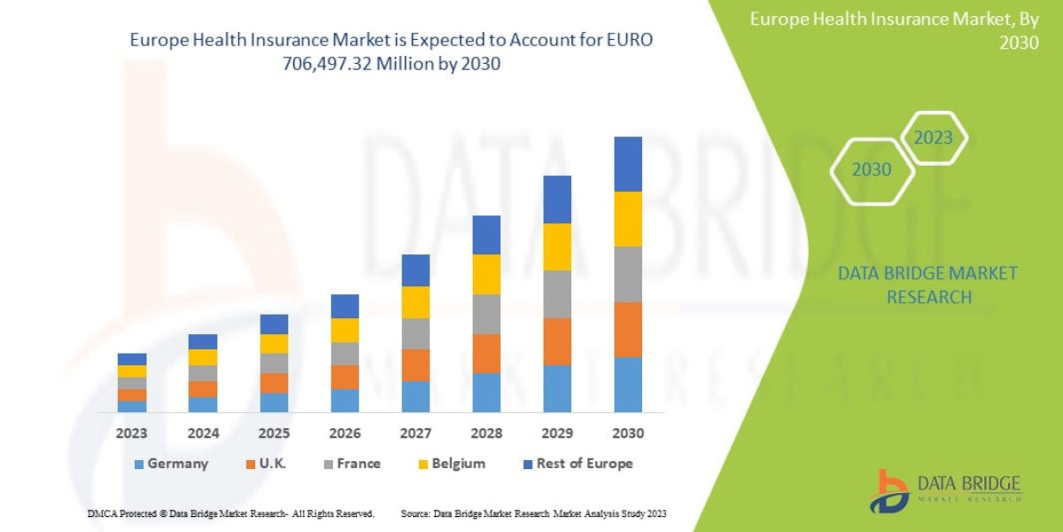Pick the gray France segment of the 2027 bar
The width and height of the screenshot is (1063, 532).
[x=415, y=333]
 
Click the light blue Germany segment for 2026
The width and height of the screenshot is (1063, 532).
[x=345, y=401]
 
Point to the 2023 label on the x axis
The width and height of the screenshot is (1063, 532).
[x=132, y=434]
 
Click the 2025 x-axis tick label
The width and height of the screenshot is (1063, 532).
[x=274, y=434]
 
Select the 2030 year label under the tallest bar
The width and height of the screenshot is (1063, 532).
[x=628, y=434]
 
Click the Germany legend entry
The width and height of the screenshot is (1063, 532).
[x=172, y=464]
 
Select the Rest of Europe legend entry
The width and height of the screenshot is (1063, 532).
[x=579, y=464]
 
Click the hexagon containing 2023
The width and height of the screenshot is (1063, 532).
[x=933, y=137]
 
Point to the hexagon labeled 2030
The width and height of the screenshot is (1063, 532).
[x=872, y=169]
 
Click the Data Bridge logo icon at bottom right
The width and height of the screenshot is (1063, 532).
[x=889, y=490]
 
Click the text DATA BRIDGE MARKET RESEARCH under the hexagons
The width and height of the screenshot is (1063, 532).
[x=927, y=285]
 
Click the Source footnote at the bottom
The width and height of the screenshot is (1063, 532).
[x=533, y=513]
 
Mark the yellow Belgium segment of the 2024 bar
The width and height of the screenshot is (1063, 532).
[x=203, y=357]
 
